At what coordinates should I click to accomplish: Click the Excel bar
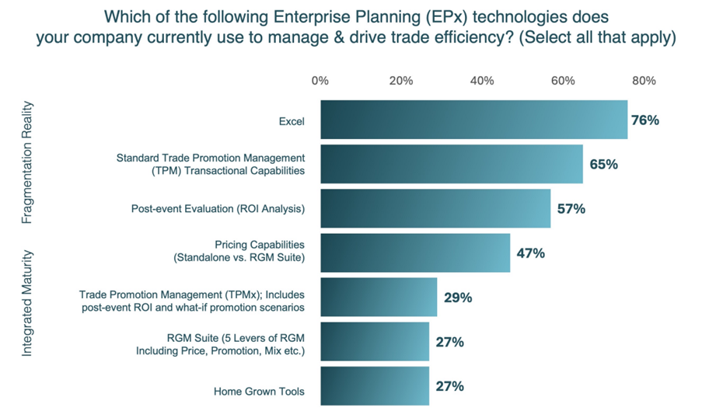473,120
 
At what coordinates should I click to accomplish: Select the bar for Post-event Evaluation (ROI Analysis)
435,208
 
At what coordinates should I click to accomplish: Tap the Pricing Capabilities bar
415,253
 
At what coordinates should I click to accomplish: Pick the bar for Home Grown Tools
374,386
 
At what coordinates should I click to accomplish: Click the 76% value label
645,120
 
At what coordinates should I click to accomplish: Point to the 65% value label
603,165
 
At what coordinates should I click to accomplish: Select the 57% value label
571,209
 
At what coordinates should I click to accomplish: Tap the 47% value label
530,253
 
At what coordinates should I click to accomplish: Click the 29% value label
458,298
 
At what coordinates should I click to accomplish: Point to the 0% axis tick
320,81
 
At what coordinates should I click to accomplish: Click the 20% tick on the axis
401,81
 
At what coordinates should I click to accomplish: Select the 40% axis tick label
482,81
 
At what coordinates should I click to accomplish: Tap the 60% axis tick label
563,81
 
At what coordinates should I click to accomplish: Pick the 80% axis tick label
644,81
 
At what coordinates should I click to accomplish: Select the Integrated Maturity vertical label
27,302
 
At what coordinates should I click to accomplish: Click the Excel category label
292,121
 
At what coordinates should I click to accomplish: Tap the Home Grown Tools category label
259,392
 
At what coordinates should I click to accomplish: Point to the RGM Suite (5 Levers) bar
374,342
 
